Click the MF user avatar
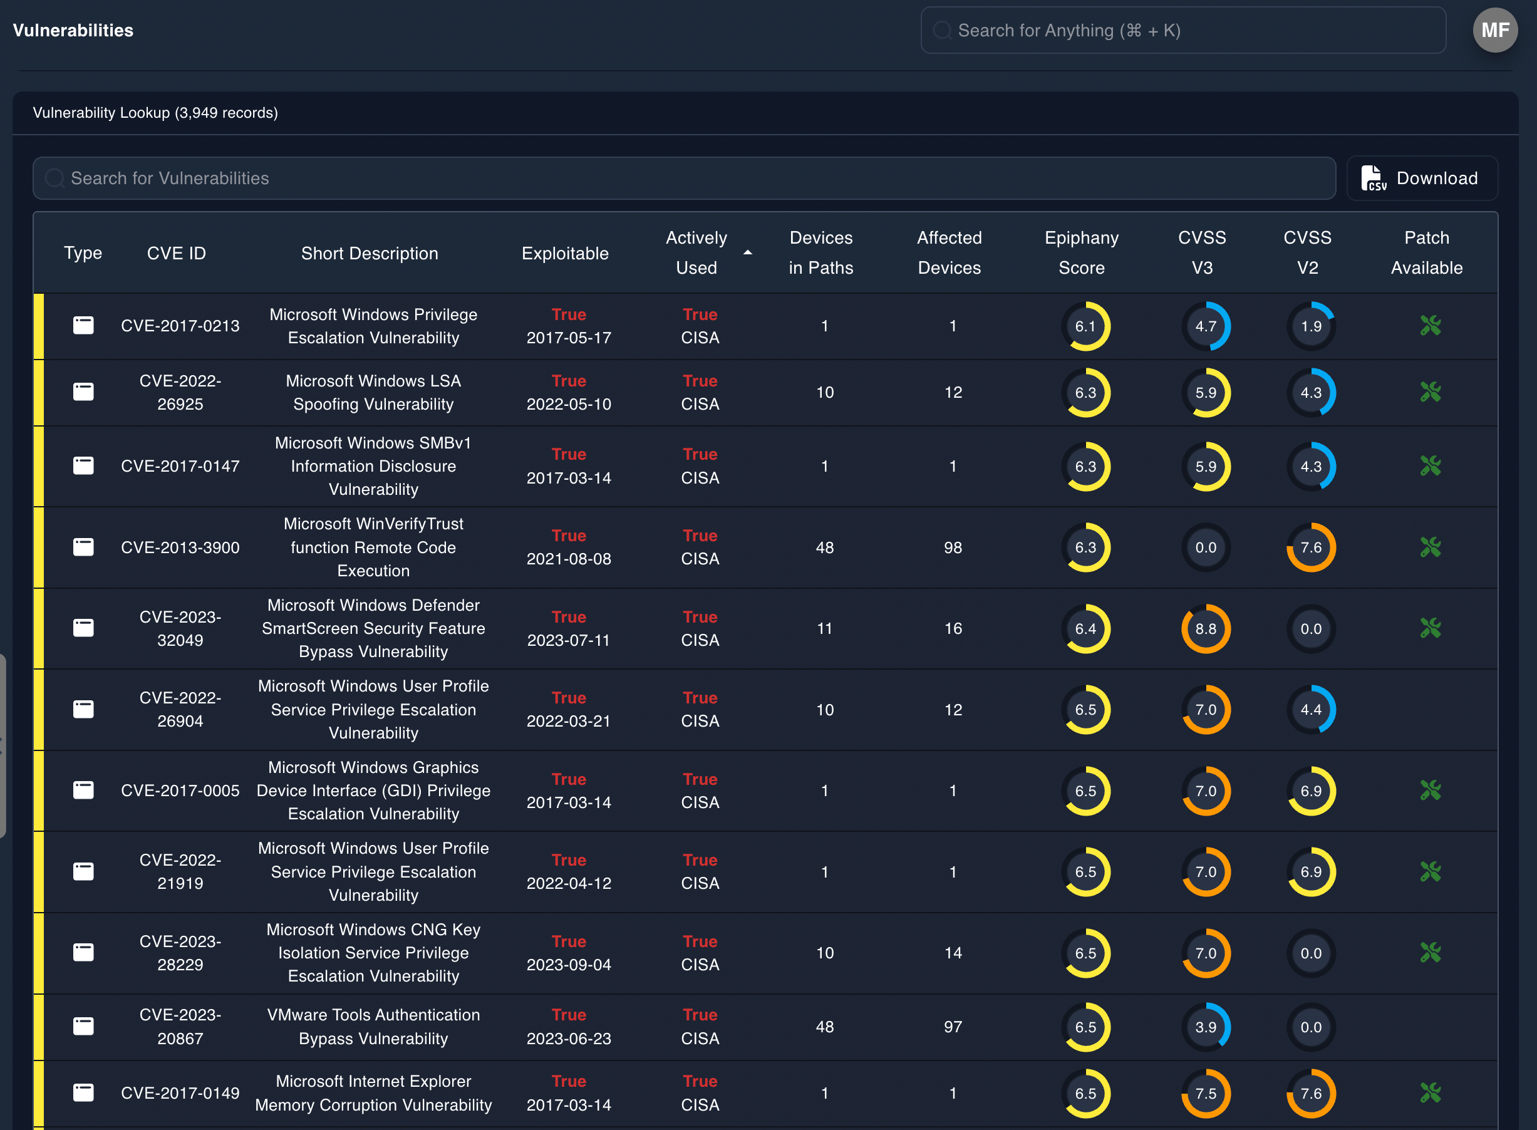tap(1494, 30)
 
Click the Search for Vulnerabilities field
tap(684, 179)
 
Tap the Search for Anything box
tap(1183, 30)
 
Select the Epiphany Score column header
tap(1081, 252)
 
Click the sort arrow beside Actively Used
tap(748, 253)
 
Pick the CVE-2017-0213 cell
tap(180, 326)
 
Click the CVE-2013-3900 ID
tap(180, 547)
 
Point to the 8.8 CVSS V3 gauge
tap(1205, 629)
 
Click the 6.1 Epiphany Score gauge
tap(1085, 326)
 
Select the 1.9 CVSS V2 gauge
tap(1311, 326)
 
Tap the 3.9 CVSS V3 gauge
tap(1205, 1027)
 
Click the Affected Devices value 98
tap(952, 547)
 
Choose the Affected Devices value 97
tap(952, 1027)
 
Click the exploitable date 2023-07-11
tap(569, 640)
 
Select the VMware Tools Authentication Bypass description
tap(373, 1026)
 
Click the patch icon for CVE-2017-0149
tap(1430, 1093)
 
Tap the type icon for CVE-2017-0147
tap(83, 466)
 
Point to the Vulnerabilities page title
tap(73, 30)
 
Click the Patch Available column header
tap(1426, 252)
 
